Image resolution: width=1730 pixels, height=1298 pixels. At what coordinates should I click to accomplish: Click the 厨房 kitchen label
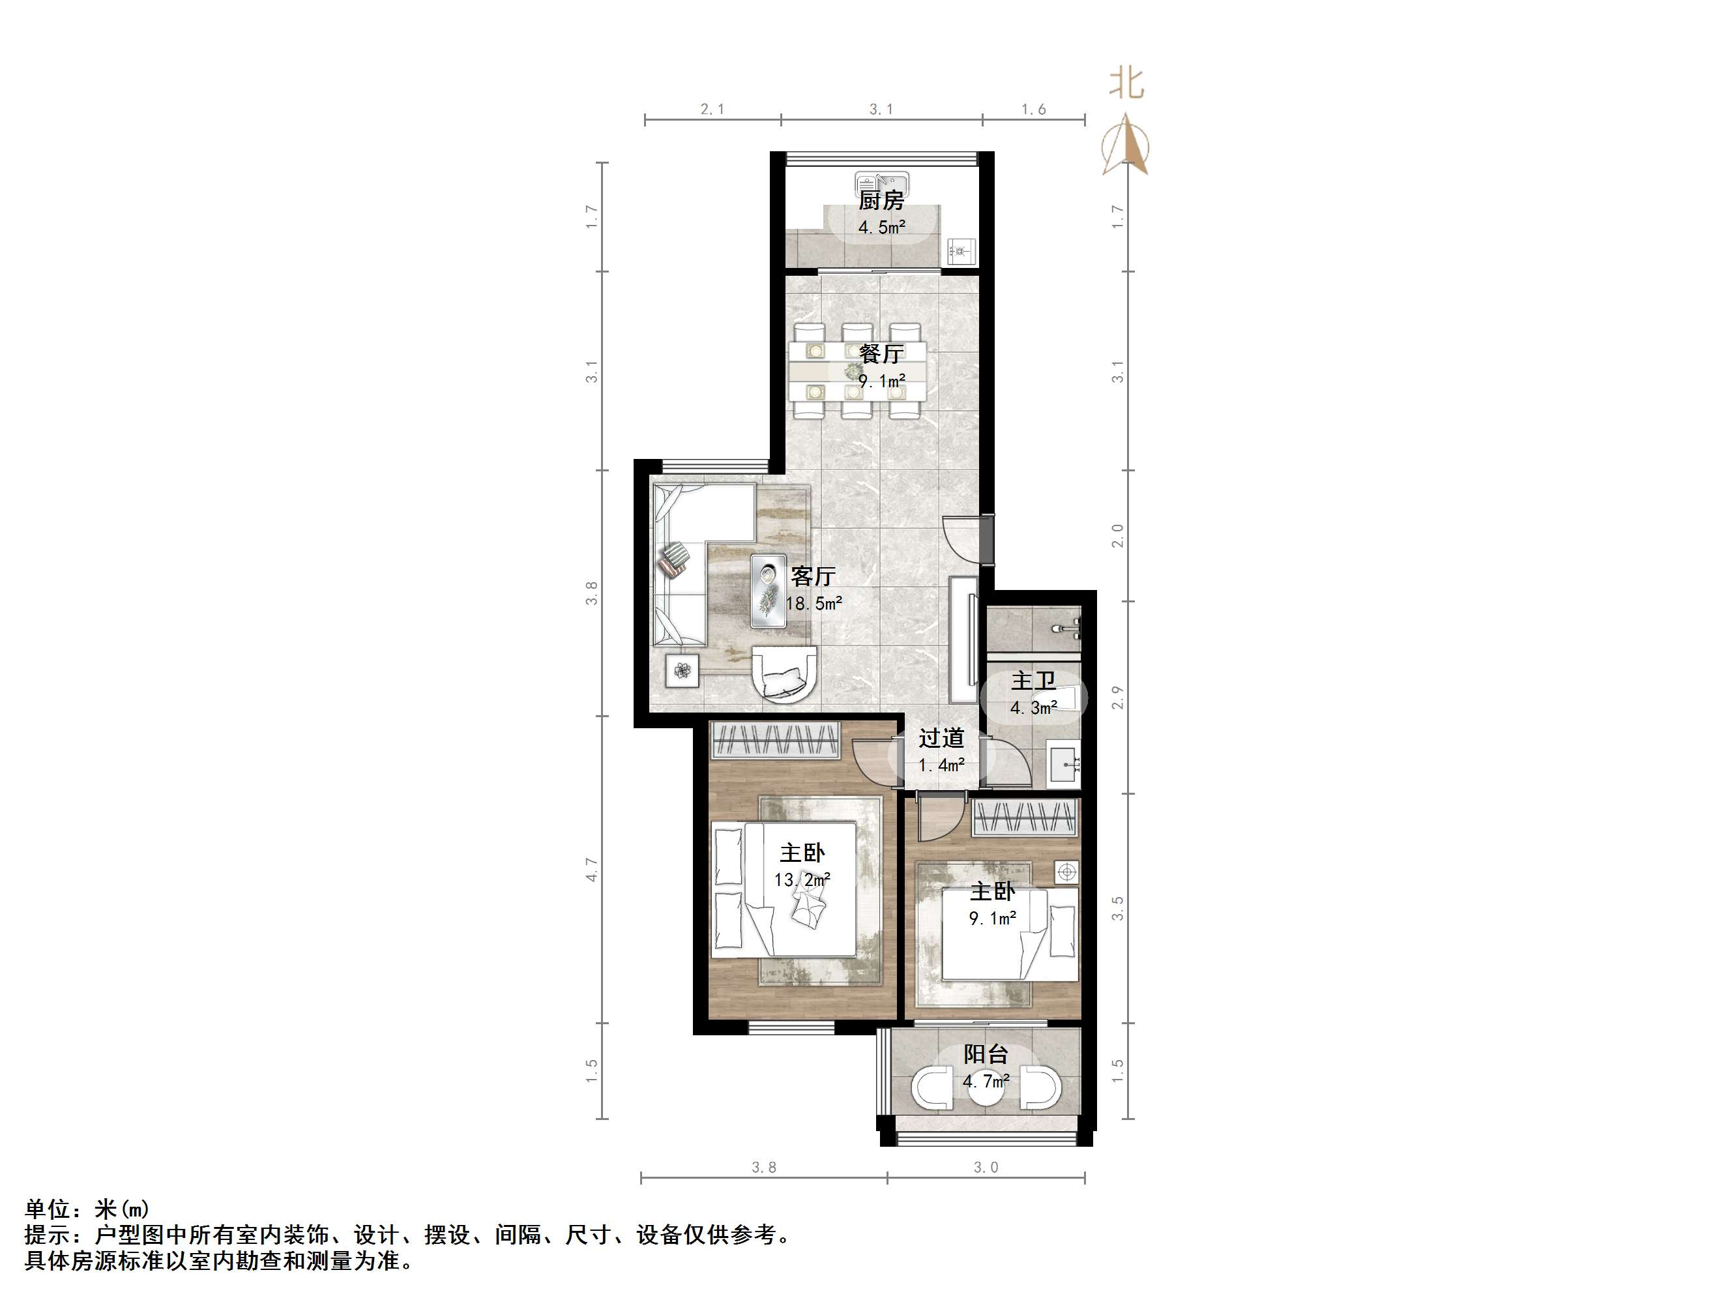click(881, 201)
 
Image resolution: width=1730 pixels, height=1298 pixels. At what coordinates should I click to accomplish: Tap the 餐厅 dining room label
click(881, 353)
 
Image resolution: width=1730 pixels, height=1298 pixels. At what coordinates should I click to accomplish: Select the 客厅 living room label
click(814, 576)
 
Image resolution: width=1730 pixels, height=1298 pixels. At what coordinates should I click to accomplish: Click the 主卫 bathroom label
click(1033, 681)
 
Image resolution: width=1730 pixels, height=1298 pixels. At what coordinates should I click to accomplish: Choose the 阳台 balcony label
click(986, 1055)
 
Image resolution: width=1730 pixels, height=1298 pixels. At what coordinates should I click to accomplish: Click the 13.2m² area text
click(802, 880)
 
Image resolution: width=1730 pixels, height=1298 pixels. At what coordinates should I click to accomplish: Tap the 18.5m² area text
click(814, 603)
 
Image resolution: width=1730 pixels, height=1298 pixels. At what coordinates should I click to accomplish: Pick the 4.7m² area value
click(986, 1082)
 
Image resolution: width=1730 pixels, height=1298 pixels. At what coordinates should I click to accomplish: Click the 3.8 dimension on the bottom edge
click(763, 1168)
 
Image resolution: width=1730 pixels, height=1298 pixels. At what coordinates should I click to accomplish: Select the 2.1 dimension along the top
click(712, 110)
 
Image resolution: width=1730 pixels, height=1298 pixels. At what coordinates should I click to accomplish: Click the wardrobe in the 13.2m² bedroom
click(774, 739)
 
